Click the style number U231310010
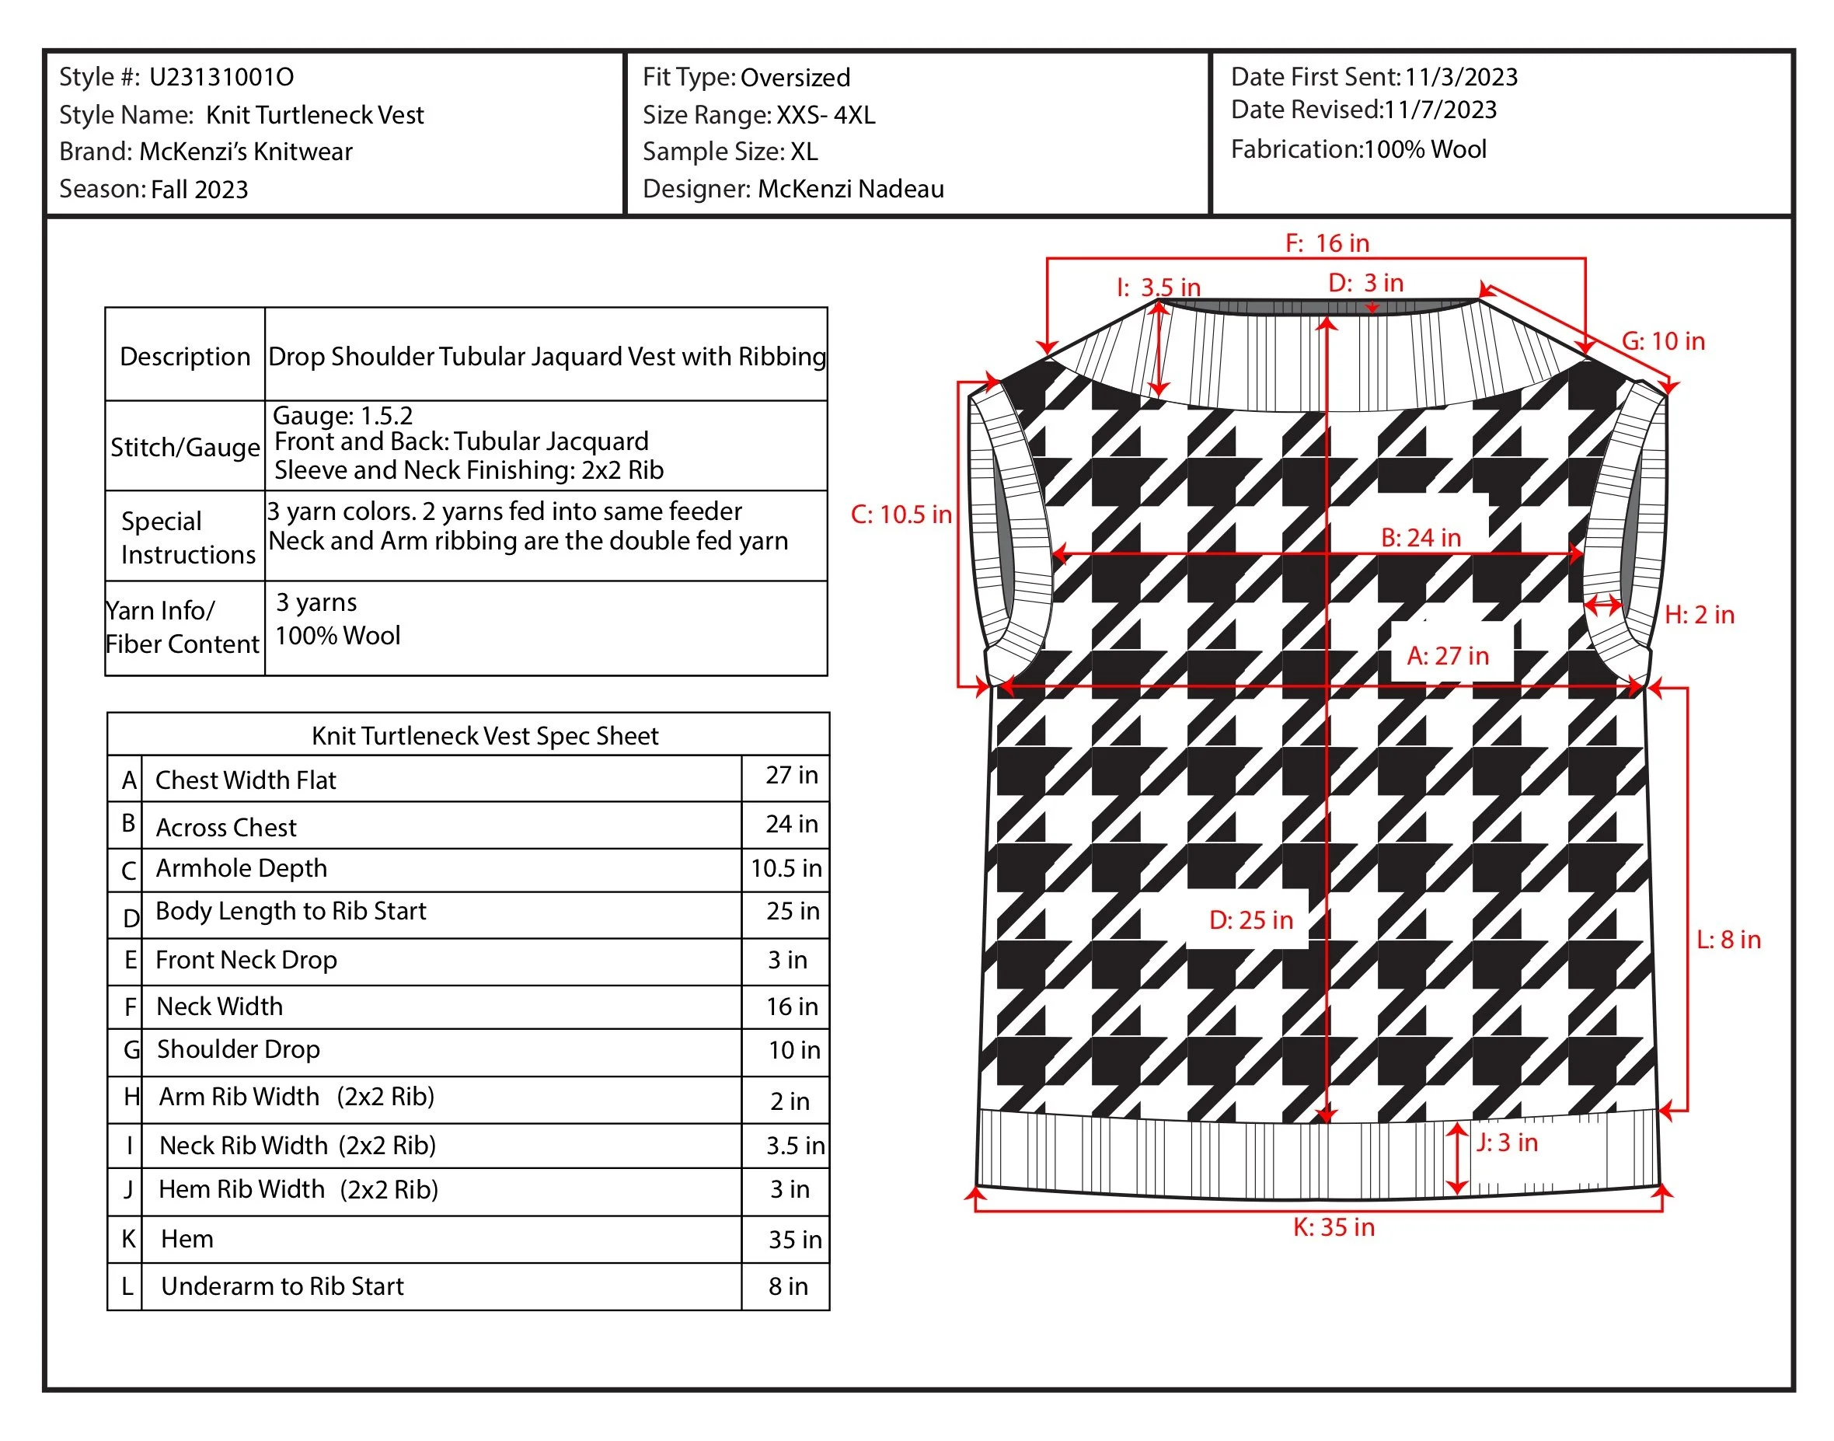(x=221, y=78)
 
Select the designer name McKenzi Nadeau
(x=849, y=189)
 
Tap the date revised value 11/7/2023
(x=1440, y=110)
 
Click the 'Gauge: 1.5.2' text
(x=343, y=415)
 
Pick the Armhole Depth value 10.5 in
(x=786, y=868)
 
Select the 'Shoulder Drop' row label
(x=238, y=1049)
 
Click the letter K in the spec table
(x=128, y=1238)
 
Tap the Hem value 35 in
(x=794, y=1240)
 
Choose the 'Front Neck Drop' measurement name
(x=246, y=960)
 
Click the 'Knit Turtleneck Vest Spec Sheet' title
(x=484, y=736)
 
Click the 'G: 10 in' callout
(x=1662, y=342)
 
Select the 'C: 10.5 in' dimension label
(x=900, y=515)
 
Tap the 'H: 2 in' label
(x=1698, y=615)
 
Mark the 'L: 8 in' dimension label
(x=1727, y=940)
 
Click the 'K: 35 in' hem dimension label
(x=1333, y=1227)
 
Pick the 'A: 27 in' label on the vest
(x=1447, y=655)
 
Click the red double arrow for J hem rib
(x=1457, y=1157)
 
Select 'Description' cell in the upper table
(x=185, y=356)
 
